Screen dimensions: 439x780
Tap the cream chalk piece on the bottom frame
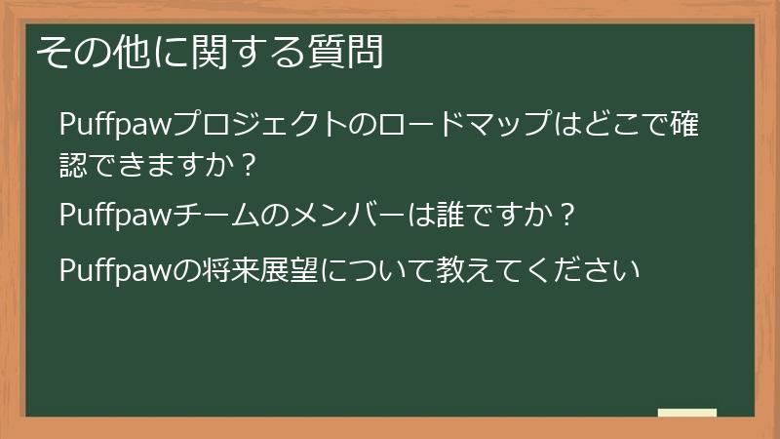[x=687, y=414]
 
